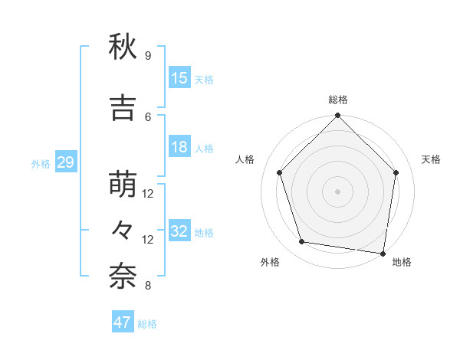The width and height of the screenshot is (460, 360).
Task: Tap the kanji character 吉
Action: tap(123, 110)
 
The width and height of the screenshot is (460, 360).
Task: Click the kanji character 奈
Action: tap(123, 278)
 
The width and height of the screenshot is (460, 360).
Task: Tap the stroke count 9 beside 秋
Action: tap(147, 55)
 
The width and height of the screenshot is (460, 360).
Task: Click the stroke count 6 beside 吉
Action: tap(147, 116)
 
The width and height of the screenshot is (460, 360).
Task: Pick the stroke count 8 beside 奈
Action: tap(147, 286)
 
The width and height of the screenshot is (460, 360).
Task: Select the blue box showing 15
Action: tap(179, 78)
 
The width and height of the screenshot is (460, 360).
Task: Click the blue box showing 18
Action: tap(179, 147)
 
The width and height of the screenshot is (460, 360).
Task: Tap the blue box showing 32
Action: tap(179, 231)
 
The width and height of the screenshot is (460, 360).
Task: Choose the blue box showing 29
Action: tap(65, 162)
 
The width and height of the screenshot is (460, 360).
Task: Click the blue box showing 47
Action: tap(123, 322)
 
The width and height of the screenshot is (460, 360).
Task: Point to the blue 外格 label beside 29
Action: tap(41, 163)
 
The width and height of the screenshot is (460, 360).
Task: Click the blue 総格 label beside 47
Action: tap(147, 323)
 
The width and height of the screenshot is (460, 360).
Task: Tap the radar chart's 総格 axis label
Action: tap(337, 100)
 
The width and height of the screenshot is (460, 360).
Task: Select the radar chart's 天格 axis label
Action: tap(432, 159)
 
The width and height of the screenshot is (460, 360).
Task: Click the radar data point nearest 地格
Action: tap(383, 252)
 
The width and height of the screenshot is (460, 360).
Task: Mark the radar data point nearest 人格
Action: tap(280, 172)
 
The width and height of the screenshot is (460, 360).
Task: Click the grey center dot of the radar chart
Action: tap(337, 191)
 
